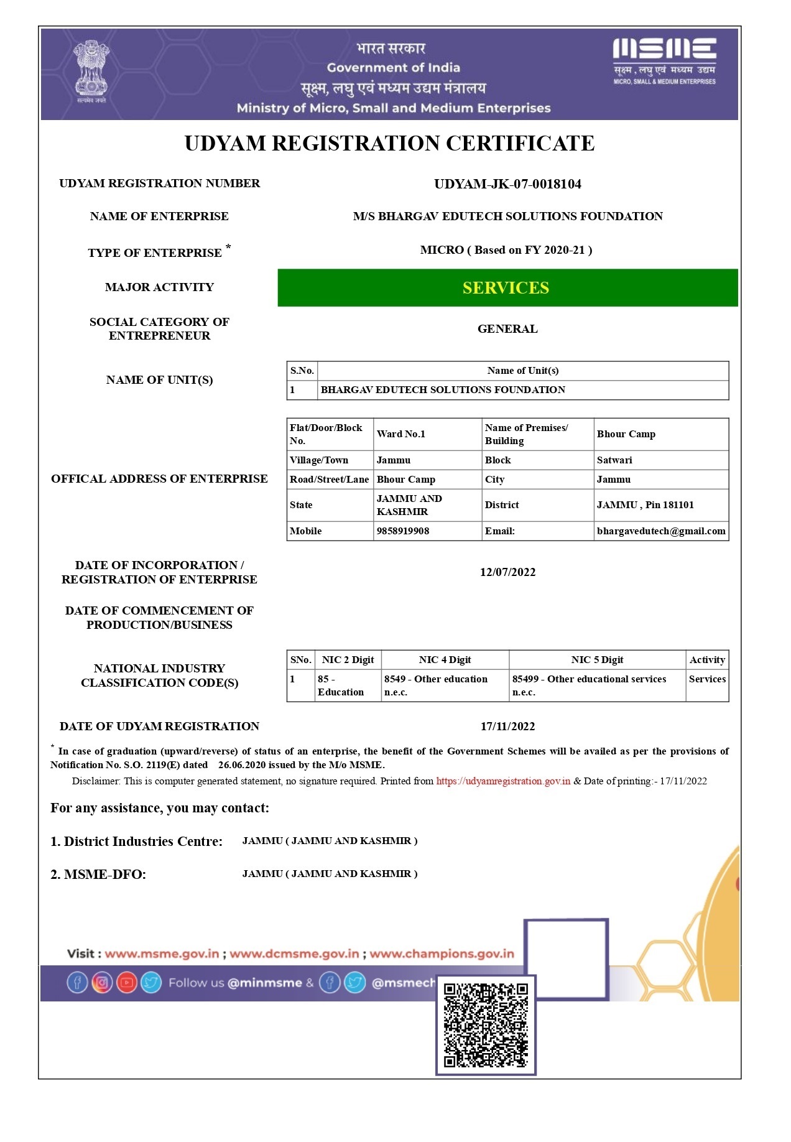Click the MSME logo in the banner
tap(664, 60)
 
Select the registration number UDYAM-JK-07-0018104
tap(507, 184)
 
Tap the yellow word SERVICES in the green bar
tap(506, 288)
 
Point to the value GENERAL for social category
tap(507, 329)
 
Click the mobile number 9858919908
tap(403, 531)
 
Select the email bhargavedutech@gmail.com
tap(661, 531)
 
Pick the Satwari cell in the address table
tap(614, 460)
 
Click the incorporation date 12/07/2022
tap(507, 572)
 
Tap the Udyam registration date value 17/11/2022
tap(507, 727)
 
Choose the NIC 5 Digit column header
tap(597, 660)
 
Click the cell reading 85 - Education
tap(341, 685)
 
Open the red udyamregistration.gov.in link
tap(503, 781)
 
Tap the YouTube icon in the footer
tap(127, 983)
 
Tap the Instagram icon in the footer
tap(102, 983)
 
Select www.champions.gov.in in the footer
tap(442, 954)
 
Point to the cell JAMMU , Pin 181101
tap(645, 505)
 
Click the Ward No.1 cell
tap(401, 434)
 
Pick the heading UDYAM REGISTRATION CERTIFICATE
tap(389, 144)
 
